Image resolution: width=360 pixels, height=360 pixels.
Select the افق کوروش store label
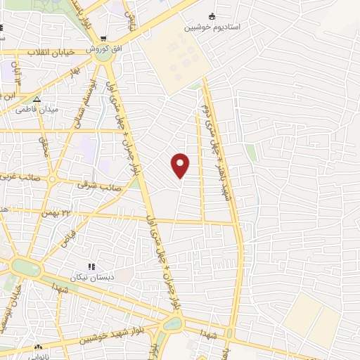pyautogui.click(x=100, y=51)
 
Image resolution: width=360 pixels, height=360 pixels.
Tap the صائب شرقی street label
pyautogui.click(x=96, y=186)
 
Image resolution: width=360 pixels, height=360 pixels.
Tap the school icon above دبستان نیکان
pyautogui.click(x=91, y=266)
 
